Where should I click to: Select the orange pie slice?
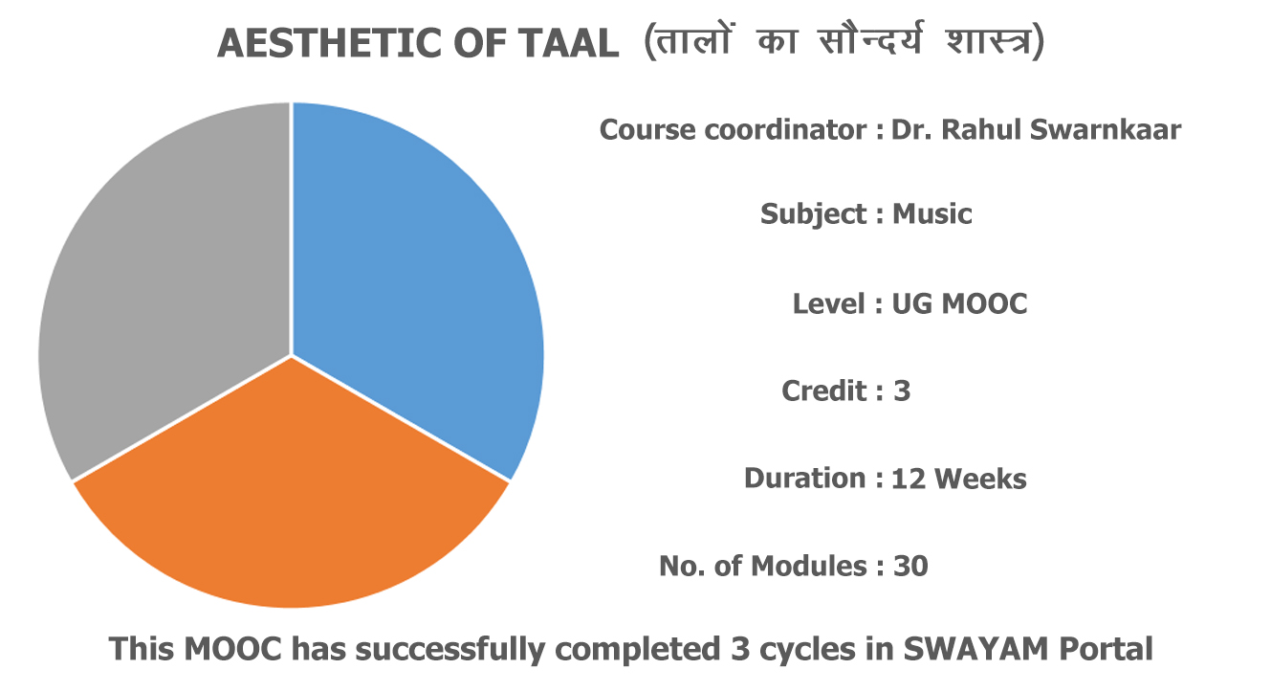click(x=291, y=500)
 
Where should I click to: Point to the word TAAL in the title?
click(x=568, y=43)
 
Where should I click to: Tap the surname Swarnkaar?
click(x=1106, y=129)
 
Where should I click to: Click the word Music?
click(x=932, y=214)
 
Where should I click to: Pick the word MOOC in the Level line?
click(x=984, y=303)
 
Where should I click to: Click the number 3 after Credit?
click(x=902, y=391)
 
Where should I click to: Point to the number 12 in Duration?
click(x=909, y=479)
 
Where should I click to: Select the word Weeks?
click(x=980, y=479)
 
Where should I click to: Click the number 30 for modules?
click(x=910, y=566)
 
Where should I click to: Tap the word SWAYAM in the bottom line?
click(x=975, y=648)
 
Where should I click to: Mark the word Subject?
click(x=813, y=215)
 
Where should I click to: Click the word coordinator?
click(x=785, y=129)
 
